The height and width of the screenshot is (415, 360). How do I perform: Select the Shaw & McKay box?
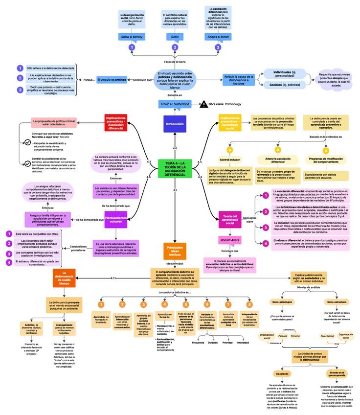tap(131, 37)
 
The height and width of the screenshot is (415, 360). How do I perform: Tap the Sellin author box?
tap(175, 37)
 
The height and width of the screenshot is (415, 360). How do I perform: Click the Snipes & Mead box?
tap(218, 37)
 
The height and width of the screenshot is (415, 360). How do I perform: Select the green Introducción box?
tap(175, 124)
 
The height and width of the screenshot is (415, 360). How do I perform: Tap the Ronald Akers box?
tap(230, 241)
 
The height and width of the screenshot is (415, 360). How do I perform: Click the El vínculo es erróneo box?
tap(114, 79)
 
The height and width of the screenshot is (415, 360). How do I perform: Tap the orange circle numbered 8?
tap(249, 304)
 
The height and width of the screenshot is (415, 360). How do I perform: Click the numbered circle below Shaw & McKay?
tap(131, 47)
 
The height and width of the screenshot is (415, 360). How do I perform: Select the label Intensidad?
tap(243, 342)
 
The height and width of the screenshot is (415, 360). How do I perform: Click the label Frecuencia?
tap(198, 342)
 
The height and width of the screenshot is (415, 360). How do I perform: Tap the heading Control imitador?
tap(229, 160)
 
